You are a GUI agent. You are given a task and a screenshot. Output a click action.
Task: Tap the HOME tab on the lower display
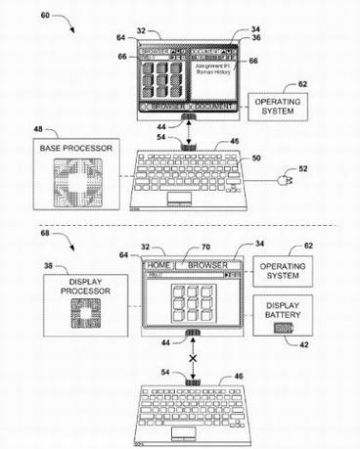pos(157,264)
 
